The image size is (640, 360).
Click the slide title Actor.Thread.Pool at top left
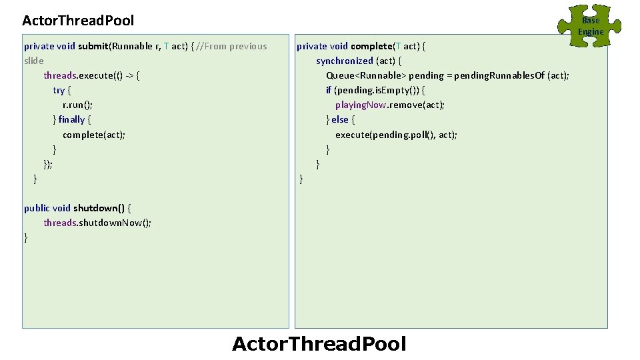tap(78, 21)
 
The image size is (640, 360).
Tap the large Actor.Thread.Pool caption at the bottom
tap(319, 344)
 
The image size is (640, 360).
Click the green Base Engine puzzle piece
tap(591, 26)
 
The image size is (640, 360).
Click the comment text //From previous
tap(232, 46)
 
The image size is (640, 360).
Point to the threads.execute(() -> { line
tap(91, 75)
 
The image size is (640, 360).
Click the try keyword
tap(59, 90)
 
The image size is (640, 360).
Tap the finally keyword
tap(71, 119)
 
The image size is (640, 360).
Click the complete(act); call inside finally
tap(94, 134)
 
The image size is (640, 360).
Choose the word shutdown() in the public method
tap(99, 207)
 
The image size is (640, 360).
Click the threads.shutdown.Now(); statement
tap(97, 222)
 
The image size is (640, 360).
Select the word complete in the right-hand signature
tap(371, 46)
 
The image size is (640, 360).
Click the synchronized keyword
tap(345, 61)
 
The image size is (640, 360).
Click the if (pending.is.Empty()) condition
tap(375, 90)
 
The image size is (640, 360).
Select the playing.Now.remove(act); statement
tap(390, 105)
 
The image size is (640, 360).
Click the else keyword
tap(340, 119)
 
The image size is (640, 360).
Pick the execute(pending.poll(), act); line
tap(396, 134)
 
